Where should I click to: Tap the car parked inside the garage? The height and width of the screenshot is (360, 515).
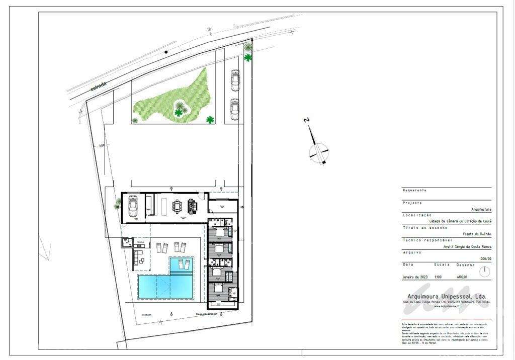(x=133, y=206)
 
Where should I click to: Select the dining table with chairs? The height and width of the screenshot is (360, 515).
(x=178, y=206)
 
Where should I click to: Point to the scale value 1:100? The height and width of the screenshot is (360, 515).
(x=439, y=277)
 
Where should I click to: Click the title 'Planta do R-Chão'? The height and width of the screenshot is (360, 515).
(x=477, y=234)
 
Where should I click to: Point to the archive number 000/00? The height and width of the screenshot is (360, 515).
(x=486, y=259)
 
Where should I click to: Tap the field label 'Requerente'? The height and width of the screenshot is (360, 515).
(x=415, y=190)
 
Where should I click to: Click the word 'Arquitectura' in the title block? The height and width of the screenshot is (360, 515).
(x=481, y=209)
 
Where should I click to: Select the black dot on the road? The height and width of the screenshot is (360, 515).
(x=166, y=52)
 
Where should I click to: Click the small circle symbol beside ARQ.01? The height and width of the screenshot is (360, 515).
(x=484, y=272)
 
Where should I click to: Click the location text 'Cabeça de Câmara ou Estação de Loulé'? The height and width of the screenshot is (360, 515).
(x=460, y=221)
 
